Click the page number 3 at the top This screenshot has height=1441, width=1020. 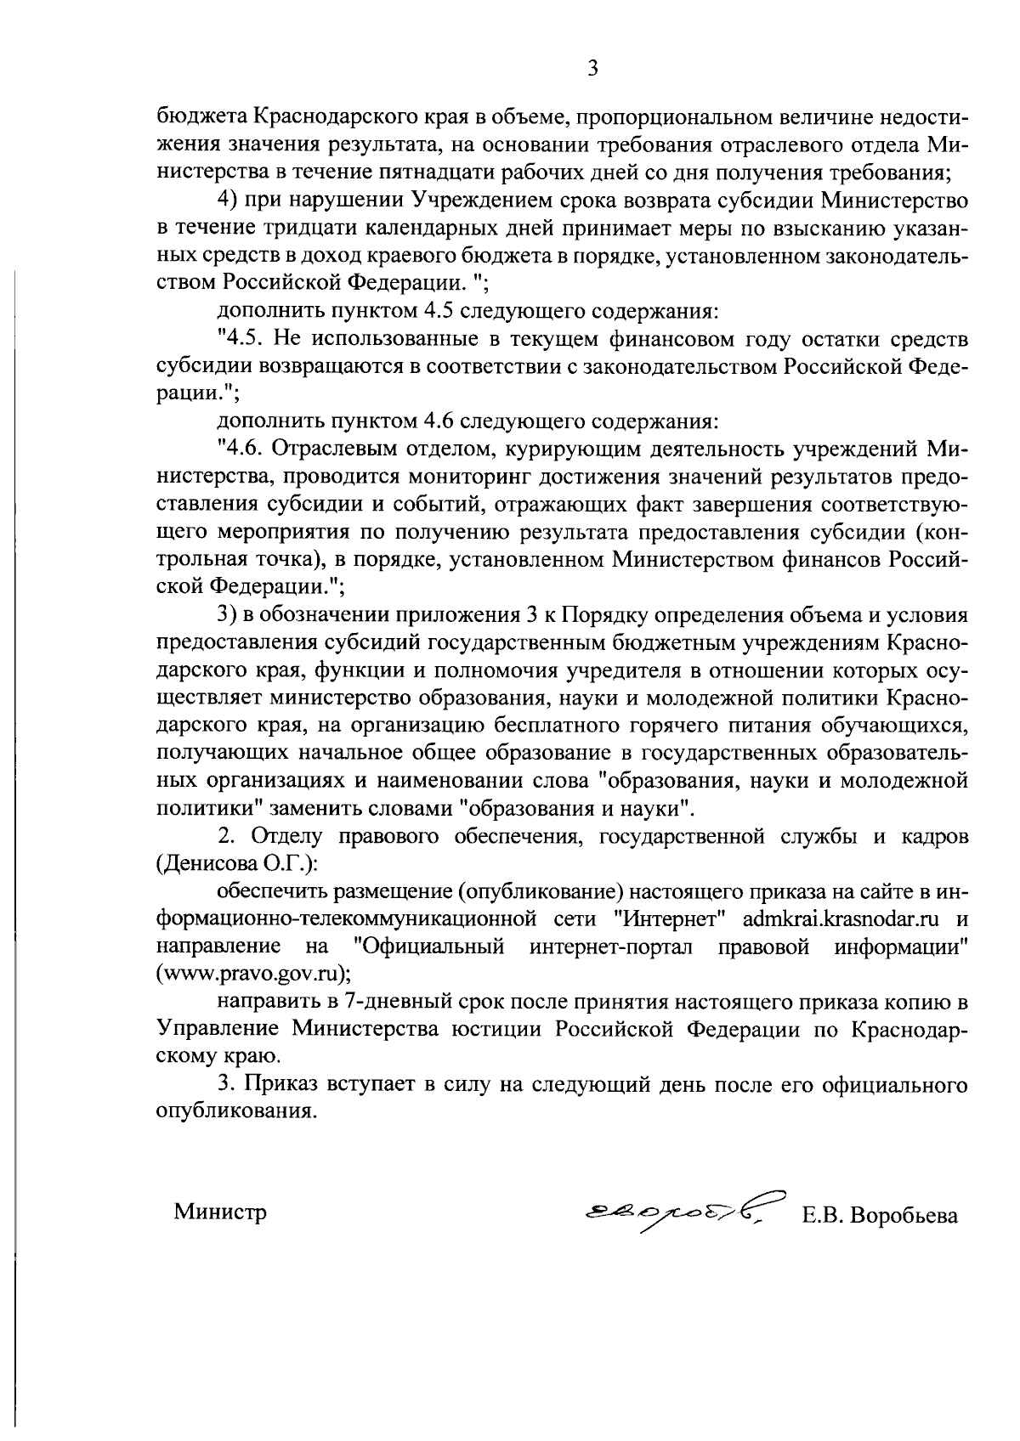pyautogui.click(x=593, y=68)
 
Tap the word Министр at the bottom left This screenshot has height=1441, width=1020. pyautogui.click(x=220, y=1212)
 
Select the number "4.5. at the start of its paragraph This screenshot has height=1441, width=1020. pyautogui.click(x=245, y=339)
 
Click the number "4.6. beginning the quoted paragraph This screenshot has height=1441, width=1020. pyautogui.click(x=245, y=449)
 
